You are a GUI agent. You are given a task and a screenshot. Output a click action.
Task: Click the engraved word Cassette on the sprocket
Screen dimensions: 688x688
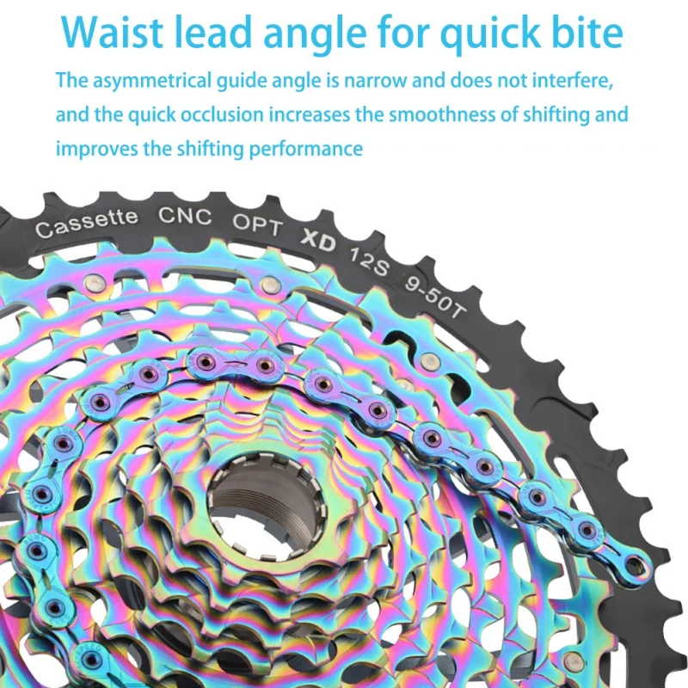tap(86, 223)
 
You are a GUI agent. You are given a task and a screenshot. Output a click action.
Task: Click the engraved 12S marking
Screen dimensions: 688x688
tap(369, 256)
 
